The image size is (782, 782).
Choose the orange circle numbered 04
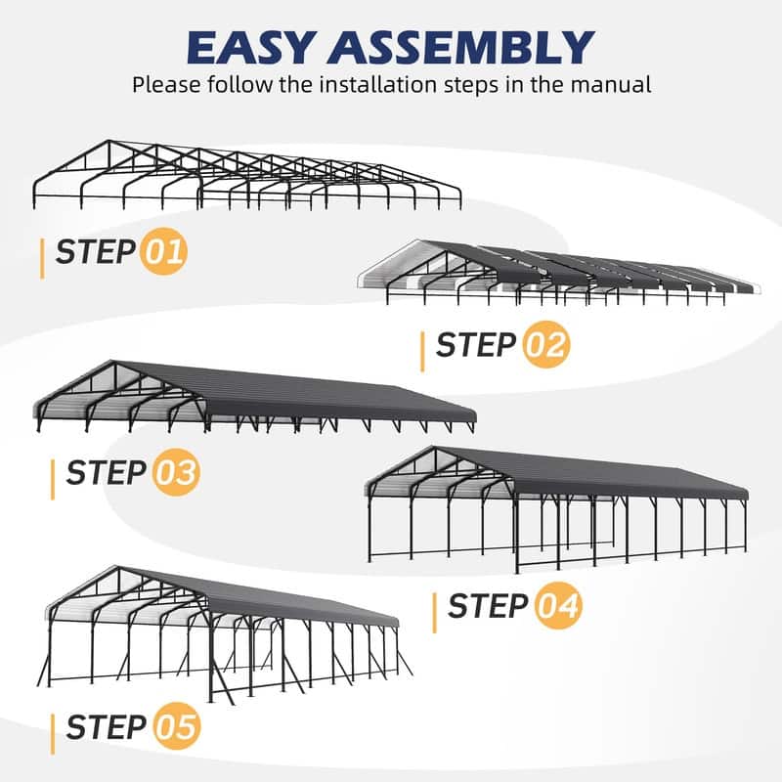pos(557,606)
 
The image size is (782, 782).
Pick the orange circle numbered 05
pos(176,727)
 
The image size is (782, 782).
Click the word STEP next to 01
pos(95,252)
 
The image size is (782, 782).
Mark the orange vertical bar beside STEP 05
pos(53,731)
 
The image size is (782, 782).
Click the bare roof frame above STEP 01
pos(244,171)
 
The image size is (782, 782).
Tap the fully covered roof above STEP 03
pos(293,391)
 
